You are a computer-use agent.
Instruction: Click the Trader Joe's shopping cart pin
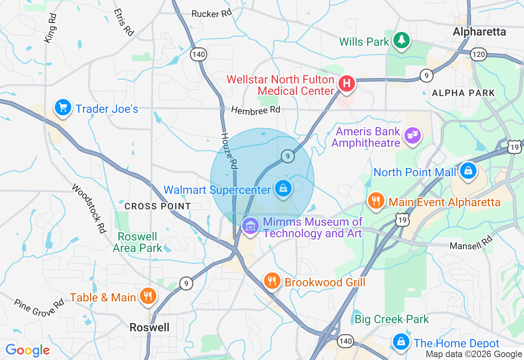63,108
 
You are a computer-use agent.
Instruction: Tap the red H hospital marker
346,84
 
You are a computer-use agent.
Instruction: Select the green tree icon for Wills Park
402,40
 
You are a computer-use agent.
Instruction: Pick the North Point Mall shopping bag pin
468,171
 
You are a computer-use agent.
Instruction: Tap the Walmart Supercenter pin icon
283,189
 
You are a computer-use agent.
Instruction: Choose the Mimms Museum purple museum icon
250,225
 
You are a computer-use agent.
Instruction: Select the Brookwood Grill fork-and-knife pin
271,281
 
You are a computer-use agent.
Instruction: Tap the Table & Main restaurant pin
147,296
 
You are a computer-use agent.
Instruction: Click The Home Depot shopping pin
401,342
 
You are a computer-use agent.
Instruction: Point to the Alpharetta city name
479,32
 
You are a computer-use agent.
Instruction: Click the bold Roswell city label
149,327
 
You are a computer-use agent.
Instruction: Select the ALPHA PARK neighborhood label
463,93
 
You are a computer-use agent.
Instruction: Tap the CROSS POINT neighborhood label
158,207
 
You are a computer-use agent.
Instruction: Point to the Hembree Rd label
255,110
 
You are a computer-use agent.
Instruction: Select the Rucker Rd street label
212,14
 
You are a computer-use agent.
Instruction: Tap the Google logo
27,350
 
